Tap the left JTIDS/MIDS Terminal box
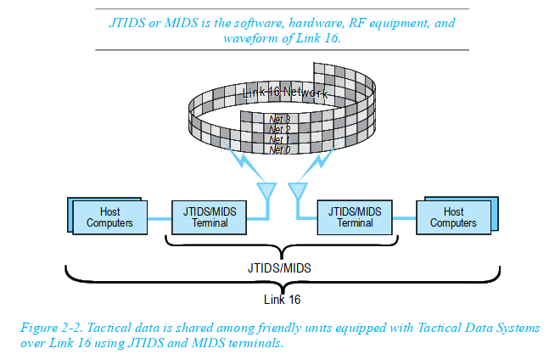[x=210, y=217]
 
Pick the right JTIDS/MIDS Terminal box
[x=355, y=217]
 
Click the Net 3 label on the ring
[x=280, y=119]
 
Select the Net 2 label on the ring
[x=280, y=130]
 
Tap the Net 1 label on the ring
[x=280, y=140]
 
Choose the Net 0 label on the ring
[x=280, y=150]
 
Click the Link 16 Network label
[x=285, y=93]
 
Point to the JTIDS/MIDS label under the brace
[x=279, y=268]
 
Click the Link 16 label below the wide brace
[x=282, y=300]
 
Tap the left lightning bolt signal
[x=244, y=161]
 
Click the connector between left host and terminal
[x=160, y=219]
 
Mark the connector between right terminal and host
[x=404, y=218]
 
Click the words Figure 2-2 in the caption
[x=51, y=328]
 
